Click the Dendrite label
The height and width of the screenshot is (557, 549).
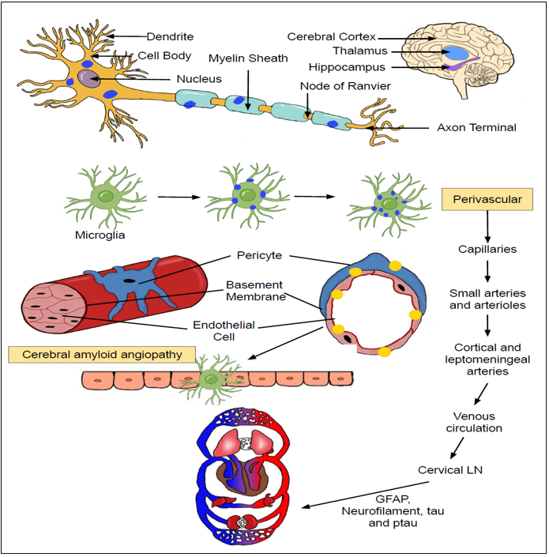point(170,36)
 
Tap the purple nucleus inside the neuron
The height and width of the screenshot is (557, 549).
point(88,79)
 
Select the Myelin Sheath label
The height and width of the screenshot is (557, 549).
point(248,58)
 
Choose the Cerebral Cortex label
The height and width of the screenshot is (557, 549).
point(331,36)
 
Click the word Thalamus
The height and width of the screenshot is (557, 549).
point(348,51)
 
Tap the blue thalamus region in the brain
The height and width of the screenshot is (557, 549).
point(457,54)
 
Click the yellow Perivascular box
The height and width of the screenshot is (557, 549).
point(487,199)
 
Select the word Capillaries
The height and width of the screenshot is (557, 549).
point(487,249)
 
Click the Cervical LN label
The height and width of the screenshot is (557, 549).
point(451,470)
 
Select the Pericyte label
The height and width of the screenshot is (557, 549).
point(258,256)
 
